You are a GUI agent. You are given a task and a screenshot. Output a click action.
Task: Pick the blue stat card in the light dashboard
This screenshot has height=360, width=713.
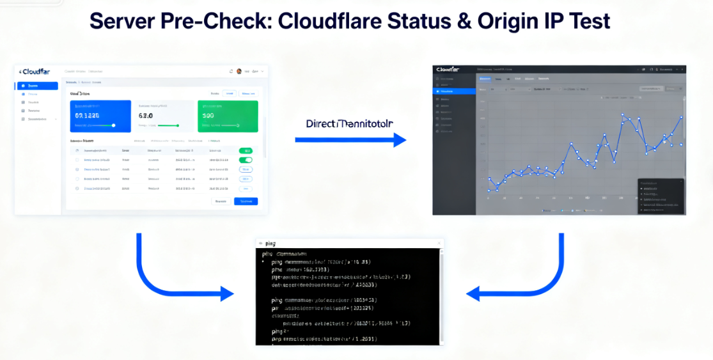tap(100, 116)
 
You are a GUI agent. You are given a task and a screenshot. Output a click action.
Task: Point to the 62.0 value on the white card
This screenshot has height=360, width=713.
tap(146, 116)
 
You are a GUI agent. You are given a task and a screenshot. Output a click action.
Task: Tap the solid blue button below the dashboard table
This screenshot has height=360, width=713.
tap(246, 201)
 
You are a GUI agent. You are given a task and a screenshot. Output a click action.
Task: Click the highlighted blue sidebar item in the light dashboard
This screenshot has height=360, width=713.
tap(39, 86)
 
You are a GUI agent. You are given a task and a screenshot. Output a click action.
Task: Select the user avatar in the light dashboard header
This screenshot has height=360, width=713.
tap(239, 72)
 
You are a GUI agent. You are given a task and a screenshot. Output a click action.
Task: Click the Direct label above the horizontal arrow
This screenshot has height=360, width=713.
tap(320, 123)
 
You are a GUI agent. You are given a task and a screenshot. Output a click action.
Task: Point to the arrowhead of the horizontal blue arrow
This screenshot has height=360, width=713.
tap(400, 139)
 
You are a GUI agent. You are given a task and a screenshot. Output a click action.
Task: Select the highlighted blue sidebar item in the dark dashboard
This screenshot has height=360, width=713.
tap(453, 91)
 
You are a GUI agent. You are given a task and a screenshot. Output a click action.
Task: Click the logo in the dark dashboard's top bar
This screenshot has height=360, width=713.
tap(446, 69)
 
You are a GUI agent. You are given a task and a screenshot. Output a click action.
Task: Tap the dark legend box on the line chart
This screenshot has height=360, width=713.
tap(661, 196)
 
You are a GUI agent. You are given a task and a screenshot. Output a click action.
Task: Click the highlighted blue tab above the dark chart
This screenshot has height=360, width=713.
tap(485, 79)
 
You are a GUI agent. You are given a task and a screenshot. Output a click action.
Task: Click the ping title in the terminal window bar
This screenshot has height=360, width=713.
tap(270, 244)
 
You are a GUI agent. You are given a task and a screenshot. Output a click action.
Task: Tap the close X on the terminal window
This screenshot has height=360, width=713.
tap(439, 244)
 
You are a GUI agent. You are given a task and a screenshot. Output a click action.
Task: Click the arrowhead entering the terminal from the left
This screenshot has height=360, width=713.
tap(227, 294)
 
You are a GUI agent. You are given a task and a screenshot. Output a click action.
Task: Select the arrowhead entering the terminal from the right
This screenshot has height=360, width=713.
tap(473, 294)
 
